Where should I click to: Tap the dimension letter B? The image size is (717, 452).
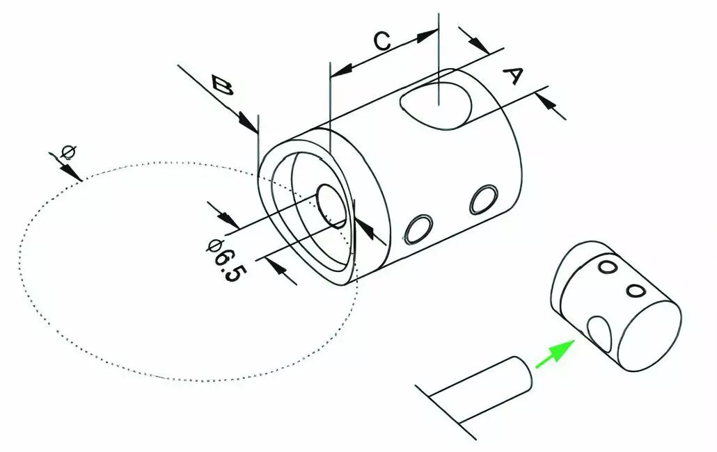point(223,86)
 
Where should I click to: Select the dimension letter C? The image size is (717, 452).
point(382,40)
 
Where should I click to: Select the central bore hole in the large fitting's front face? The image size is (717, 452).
point(332,207)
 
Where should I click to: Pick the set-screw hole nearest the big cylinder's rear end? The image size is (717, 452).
point(484,199)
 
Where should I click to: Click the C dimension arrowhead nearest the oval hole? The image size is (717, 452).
point(426,35)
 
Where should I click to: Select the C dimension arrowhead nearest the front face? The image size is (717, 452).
point(341,70)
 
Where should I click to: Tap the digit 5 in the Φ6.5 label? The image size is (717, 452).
point(235,273)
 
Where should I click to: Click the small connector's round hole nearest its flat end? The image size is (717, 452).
point(636,291)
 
